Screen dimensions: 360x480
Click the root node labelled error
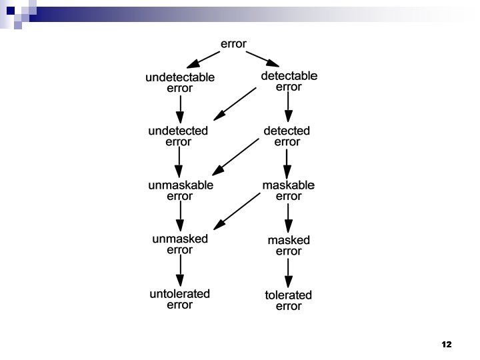click(x=233, y=45)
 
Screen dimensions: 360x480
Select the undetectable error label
click(x=180, y=83)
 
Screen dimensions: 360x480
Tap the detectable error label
click(x=289, y=81)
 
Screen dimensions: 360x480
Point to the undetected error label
click(x=178, y=136)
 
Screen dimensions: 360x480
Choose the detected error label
click(x=287, y=136)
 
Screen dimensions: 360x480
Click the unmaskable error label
click(x=179, y=191)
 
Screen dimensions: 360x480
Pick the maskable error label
click(x=288, y=191)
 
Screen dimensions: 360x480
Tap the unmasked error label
click(x=179, y=244)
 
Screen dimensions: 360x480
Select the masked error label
click(x=289, y=245)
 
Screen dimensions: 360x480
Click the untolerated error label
click(x=179, y=299)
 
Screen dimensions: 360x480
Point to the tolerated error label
click(x=288, y=301)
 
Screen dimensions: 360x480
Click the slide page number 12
click(x=446, y=345)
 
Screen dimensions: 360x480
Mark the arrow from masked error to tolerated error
click(x=288, y=273)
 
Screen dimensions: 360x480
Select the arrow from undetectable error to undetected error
click(x=179, y=108)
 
